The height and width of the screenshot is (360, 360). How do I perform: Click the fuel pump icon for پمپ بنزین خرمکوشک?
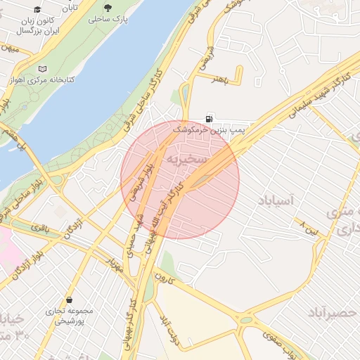[x=209, y=119]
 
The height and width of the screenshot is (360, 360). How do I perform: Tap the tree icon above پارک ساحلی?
[x=107, y=7]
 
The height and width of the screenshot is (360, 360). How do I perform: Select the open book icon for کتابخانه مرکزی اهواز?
[x=44, y=69]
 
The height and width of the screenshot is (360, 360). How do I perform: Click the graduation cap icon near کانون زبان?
[x=37, y=10]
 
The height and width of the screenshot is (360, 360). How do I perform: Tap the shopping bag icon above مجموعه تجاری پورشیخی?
[x=69, y=299]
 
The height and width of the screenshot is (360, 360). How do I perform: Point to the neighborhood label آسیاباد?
[x=279, y=200]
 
